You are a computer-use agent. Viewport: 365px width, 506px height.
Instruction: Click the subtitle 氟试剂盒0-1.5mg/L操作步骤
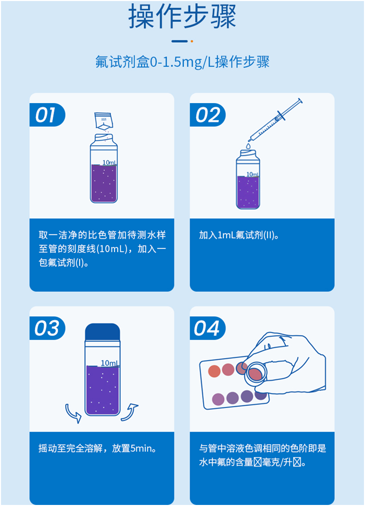click(x=182, y=62)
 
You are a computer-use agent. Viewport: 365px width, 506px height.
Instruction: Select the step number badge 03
click(x=46, y=328)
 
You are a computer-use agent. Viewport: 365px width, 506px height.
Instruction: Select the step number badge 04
click(x=207, y=328)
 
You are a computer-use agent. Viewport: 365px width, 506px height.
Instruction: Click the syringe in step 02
click(x=276, y=119)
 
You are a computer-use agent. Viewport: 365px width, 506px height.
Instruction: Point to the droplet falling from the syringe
click(x=248, y=146)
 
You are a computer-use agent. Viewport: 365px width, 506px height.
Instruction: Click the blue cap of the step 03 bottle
click(x=103, y=332)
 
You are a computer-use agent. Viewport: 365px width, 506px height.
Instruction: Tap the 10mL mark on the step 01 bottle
click(x=109, y=162)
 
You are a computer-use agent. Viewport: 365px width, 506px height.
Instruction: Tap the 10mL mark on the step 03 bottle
click(x=110, y=363)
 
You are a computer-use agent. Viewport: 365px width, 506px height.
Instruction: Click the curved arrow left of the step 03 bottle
click(x=73, y=413)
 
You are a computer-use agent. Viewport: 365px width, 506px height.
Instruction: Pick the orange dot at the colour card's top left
click(x=214, y=371)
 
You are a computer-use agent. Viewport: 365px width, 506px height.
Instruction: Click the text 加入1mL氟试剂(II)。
click(x=240, y=235)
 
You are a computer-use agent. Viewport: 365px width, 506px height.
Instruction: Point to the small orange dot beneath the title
click(x=192, y=41)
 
